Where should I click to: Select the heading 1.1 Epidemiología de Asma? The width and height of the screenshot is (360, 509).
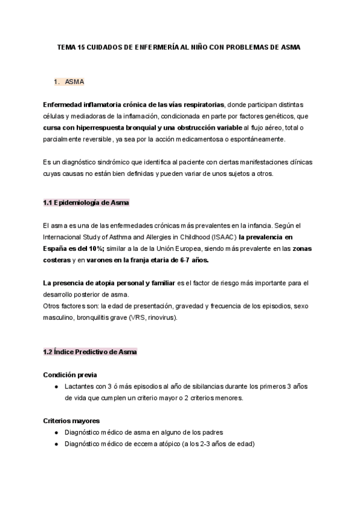86,202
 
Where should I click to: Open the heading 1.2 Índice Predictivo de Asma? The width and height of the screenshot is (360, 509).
89,352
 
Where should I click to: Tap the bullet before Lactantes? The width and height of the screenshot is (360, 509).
56,387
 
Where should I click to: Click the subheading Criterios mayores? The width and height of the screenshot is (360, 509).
71,421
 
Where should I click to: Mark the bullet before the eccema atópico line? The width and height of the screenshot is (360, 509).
56,444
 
